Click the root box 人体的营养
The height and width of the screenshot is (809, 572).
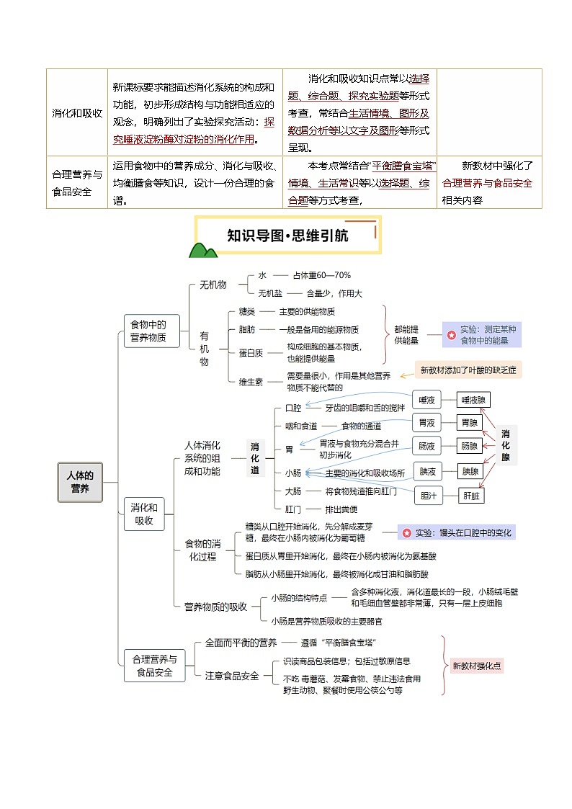point(80,482)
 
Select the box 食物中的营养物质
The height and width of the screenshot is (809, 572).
point(151,331)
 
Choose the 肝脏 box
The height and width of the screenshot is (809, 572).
point(473,496)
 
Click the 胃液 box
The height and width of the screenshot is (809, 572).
point(426,422)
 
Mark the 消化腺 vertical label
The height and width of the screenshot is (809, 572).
point(506,445)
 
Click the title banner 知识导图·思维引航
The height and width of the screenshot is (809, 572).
point(288,235)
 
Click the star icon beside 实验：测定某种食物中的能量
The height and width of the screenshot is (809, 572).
point(451,335)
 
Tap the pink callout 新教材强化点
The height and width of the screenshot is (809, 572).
point(477,666)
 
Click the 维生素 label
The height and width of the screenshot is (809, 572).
point(251,381)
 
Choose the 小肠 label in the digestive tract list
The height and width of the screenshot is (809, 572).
point(292,473)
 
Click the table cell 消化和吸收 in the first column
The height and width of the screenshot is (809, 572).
point(77,113)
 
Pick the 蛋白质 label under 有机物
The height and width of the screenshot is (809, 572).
point(251,352)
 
